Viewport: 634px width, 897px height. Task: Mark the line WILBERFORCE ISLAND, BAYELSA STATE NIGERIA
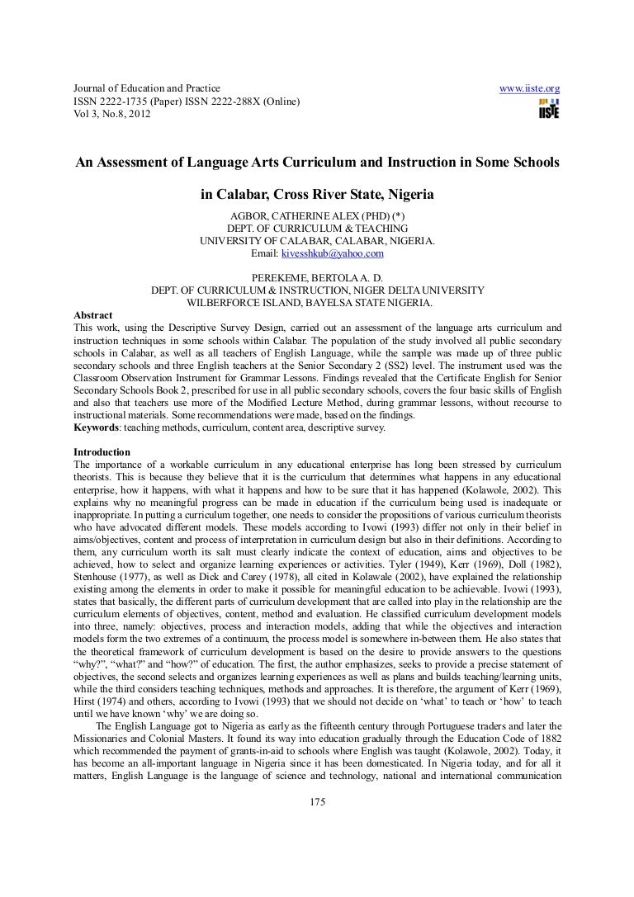(317, 303)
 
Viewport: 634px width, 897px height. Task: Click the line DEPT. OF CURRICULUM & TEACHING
(317, 229)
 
